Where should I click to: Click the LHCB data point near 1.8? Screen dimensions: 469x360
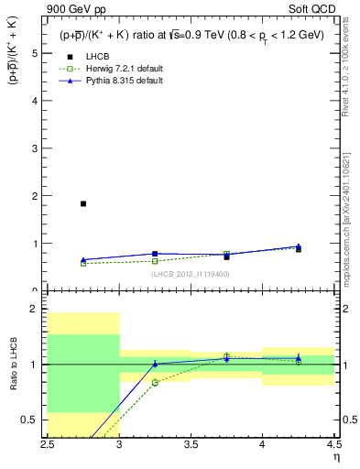[x=83, y=203]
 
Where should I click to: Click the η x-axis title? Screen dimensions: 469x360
[x=336, y=457]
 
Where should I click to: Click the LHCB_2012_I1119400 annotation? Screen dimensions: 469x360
[x=191, y=273]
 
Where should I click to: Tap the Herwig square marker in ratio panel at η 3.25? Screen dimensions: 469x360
[x=155, y=382]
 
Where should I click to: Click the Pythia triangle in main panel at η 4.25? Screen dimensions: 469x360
[x=298, y=246]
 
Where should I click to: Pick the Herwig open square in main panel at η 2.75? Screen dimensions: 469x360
[x=83, y=263]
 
